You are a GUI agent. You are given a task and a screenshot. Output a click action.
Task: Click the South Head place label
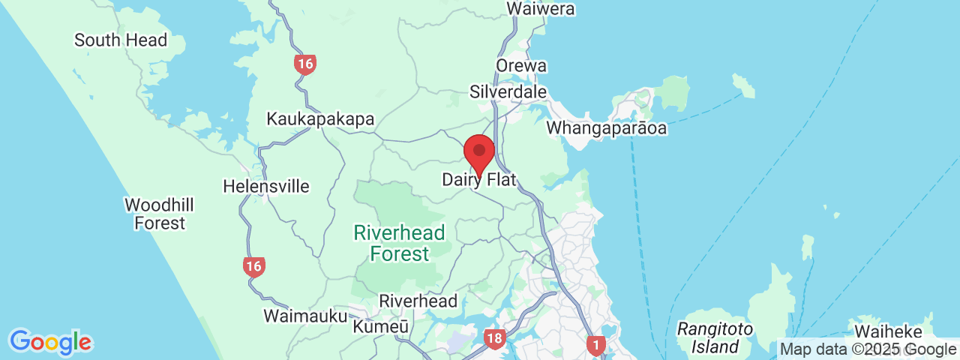[120, 40]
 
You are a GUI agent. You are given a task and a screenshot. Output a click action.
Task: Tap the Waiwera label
[540, 9]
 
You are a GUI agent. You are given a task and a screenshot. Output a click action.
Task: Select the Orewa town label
[520, 66]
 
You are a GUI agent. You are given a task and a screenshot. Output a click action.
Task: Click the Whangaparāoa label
[606, 128]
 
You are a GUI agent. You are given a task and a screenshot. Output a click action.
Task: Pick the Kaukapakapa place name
[320, 119]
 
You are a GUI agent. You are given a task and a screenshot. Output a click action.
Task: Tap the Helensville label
[266, 186]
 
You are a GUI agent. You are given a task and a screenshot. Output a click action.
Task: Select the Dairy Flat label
[480, 180]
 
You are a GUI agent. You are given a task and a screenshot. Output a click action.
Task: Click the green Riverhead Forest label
[400, 243]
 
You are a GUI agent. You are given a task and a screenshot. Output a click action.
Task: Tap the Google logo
[50, 342]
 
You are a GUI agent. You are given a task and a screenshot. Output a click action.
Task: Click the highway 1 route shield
[595, 345]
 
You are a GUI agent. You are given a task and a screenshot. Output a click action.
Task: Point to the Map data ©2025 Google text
[868, 349]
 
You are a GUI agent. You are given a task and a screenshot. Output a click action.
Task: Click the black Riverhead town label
[418, 301]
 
